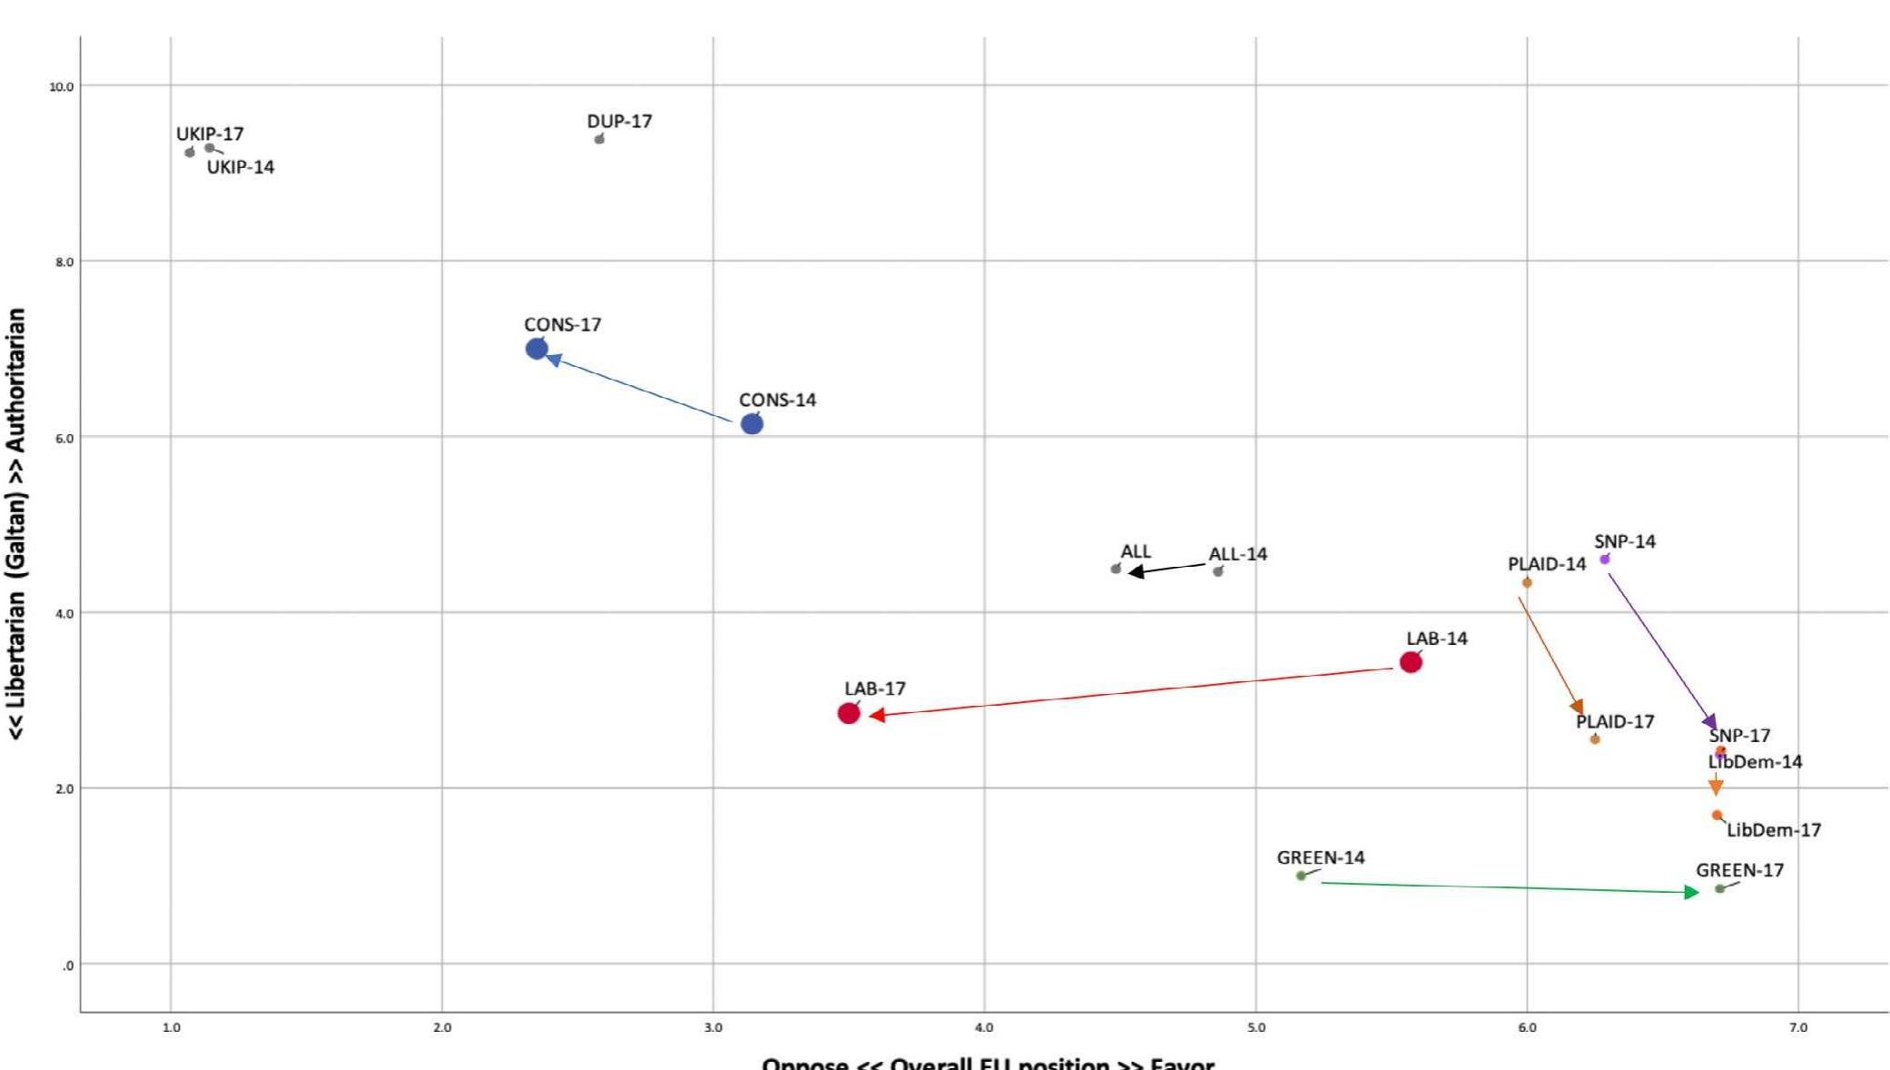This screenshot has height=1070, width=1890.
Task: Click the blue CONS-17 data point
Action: (536, 349)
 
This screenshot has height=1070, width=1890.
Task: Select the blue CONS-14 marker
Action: (752, 424)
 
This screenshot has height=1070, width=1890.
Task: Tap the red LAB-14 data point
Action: (1411, 662)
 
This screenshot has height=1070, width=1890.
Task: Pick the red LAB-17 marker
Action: (849, 713)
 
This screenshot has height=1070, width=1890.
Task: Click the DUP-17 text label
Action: (619, 121)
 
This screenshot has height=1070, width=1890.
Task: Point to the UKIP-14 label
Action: (241, 167)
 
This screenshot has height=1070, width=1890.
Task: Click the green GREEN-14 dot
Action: (1301, 876)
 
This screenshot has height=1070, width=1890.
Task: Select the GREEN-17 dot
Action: (1719, 888)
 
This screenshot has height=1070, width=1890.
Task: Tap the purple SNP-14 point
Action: (1604, 560)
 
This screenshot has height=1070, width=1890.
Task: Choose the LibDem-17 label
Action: (1773, 829)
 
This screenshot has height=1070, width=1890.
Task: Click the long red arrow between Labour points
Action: (1130, 692)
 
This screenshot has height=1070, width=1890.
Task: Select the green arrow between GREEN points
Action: (1507, 887)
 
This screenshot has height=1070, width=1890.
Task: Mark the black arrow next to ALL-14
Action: (1166, 570)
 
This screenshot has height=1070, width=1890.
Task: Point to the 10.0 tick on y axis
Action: (62, 86)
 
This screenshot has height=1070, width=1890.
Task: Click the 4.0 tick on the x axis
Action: (984, 1027)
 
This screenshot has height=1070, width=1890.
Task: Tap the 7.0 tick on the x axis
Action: (1797, 1027)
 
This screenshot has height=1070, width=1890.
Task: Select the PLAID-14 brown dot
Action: (1527, 583)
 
